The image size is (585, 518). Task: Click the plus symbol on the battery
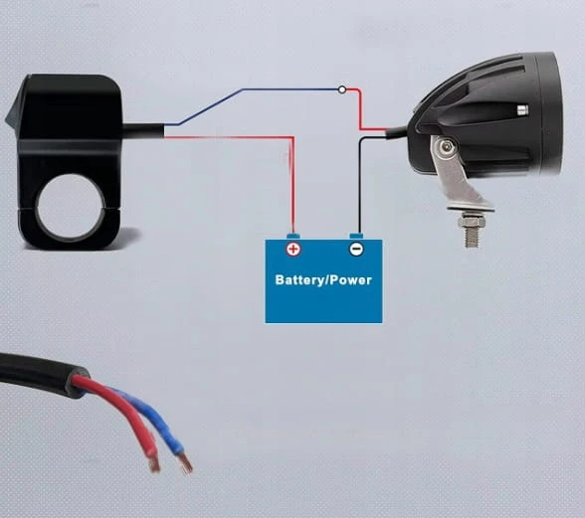pyautogui.click(x=293, y=250)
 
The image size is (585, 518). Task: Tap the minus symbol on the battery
pyautogui.click(x=356, y=249)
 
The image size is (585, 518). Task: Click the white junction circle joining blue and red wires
pyautogui.click(x=342, y=89)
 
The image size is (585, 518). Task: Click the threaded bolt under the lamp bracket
pyautogui.click(x=472, y=237)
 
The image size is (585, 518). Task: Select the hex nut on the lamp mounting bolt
pyautogui.click(x=472, y=222)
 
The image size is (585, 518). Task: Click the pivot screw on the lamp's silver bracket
pyautogui.click(x=446, y=147)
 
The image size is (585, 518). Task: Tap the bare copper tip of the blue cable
pyautogui.click(x=185, y=462)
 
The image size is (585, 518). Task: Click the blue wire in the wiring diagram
pyautogui.click(x=244, y=89)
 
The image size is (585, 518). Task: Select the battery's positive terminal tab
pyautogui.click(x=293, y=237)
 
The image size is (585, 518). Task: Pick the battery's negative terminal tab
pyautogui.click(x=356, y=237)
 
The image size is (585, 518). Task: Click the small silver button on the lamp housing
pyautogui.click(x=522, y=109)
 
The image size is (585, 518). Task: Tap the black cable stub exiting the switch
pyautogui.click(x=143, y=131)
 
